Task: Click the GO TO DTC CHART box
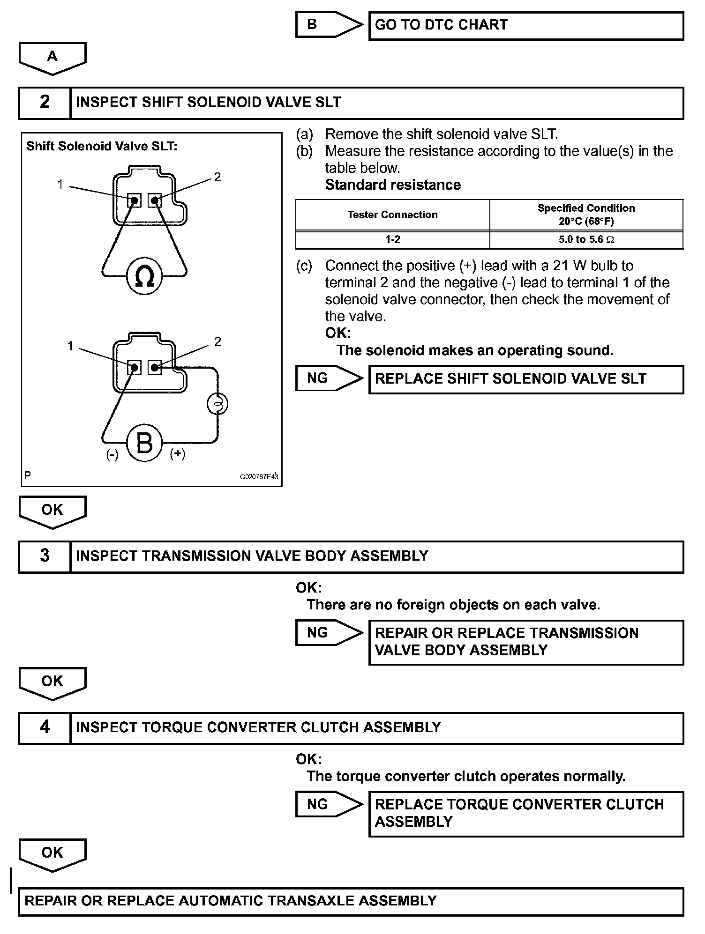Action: [525, 26]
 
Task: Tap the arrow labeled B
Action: [328, 25]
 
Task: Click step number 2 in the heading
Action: [45, 103]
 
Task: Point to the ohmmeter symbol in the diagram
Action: [144, 276]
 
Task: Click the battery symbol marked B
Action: [144, 443]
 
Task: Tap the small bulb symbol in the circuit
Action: [217, 404]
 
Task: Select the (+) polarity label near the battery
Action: [178, 454]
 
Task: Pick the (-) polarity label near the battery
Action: [112, 455]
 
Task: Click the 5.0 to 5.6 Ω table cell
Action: [586, 240]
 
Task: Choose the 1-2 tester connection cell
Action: [392, 240]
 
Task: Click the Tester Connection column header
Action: [392, 215]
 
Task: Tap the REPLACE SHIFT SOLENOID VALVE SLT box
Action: [525, 379]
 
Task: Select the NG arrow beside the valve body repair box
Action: [328, 633]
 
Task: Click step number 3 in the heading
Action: [45, 556]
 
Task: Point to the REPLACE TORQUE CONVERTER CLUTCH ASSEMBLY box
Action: [525, 814]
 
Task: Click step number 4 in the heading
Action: [45, 727]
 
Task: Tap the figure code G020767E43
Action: [259, 477]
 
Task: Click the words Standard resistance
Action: [393, 185]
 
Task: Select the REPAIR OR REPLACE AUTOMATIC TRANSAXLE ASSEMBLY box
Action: [351, 901]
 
